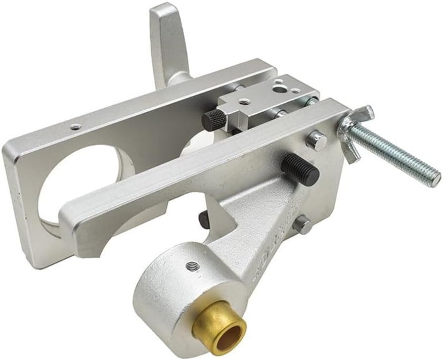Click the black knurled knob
(214, 120)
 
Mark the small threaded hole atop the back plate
(75, 127)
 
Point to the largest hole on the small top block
(279, 89)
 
